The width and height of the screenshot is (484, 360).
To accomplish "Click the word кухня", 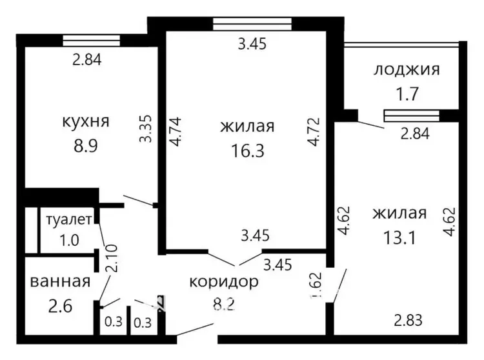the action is click(86, 121).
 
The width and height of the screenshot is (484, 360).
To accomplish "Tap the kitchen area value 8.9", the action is click(85, 146).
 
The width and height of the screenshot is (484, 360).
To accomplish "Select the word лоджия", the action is click(407, 70).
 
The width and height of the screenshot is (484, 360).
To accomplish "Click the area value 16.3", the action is click(248, 151).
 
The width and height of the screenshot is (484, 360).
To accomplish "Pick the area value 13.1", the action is click(399, 238).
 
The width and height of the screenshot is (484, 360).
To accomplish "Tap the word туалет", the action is click(69, 219).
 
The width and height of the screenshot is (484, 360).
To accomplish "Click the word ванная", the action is click(60, 282).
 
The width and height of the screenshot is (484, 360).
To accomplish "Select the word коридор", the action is click(224, 282).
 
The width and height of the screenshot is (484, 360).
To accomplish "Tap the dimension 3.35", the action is click(145, 128).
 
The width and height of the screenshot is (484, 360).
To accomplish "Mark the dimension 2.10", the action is click(112, 258).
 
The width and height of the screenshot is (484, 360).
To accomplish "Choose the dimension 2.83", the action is click(408, 320).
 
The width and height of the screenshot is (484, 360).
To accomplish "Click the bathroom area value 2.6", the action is click(60, 306).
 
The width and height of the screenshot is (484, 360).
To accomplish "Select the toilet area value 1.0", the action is click(69, 240).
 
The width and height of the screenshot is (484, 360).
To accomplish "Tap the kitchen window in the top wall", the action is click(92, 41).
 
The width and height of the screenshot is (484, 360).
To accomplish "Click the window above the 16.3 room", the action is click(252, 24).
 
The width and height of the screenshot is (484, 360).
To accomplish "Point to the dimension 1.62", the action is click(317, 285).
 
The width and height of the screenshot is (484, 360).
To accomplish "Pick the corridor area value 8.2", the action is click(224, 305).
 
